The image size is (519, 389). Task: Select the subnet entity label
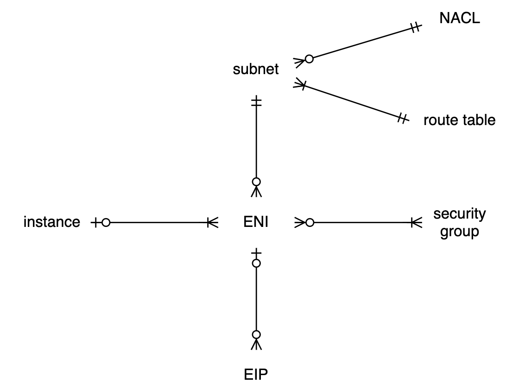[x=256, y=69]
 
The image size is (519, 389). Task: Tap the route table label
[x=459, y=120]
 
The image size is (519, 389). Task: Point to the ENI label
[x=256, y=223]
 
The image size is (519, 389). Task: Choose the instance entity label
[x=51, y=222]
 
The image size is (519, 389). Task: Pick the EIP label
[x=256, y=373]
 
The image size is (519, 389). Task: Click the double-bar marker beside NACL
[x=415, y=28]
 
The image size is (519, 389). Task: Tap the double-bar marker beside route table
[x=403, y=119]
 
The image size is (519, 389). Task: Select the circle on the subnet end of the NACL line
[x=309, y=59]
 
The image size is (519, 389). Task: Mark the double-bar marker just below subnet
[x=256, y=102]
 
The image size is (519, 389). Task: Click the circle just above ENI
[x=256, y=181]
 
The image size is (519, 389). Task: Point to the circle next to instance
[x=106, y=223]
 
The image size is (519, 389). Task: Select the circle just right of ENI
[x=310, y=223]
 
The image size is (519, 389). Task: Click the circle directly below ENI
[x=256, y=264]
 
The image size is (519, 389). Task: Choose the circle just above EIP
[x=256, y=334]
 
